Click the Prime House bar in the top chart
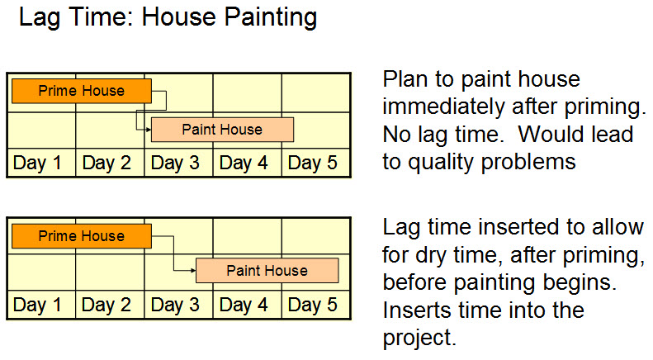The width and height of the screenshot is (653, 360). pos(82,91)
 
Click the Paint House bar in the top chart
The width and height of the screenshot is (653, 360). pos(222,130)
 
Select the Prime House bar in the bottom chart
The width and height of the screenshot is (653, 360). pos(82,236)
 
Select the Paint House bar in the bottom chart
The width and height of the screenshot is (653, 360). pos(267,271)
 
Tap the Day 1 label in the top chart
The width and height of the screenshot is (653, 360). pos(37,163)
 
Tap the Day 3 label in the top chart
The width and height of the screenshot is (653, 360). pos(175,163)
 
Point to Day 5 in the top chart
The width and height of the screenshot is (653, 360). pos(313,163)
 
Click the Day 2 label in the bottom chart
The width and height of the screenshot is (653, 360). pos(106,305)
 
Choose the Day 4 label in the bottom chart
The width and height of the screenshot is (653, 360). pos(244,305)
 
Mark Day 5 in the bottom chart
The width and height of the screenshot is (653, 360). pos(313,305)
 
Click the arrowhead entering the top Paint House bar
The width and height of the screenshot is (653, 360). pos(149,130)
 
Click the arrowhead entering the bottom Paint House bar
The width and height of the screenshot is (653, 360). pos(193,271)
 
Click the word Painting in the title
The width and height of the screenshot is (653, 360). pos(271,18)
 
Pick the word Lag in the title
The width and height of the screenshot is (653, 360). pos(40,18)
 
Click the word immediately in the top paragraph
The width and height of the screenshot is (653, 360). pos(443,107)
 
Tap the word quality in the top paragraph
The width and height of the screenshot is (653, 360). pos(441,163)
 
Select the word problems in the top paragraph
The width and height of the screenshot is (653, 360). pos(528,163)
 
